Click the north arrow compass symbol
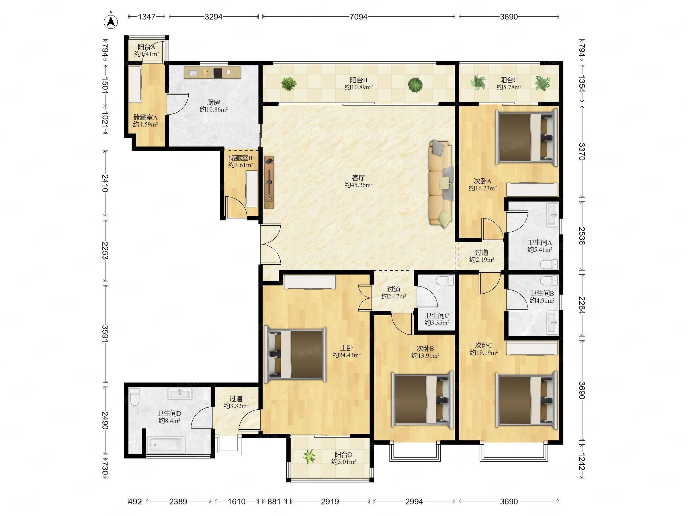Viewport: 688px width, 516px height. pos(111,21)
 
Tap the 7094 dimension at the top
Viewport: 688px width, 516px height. pos(358,17)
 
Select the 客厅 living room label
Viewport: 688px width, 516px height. pos(358,178)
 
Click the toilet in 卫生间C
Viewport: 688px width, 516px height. pos(445,281)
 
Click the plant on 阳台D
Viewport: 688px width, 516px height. pos(309,457)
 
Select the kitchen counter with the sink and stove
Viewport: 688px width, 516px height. pos(212,73)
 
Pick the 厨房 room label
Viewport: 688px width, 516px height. pos(213,102)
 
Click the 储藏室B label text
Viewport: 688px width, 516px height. pos(241,158)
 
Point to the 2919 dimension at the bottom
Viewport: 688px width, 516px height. pos(330,501)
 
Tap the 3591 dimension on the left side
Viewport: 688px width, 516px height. pos(105,333)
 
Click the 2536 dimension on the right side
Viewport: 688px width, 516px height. pos(582,236)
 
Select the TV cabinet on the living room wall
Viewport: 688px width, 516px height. pos(269,182)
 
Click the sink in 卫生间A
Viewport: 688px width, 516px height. pos(552,215)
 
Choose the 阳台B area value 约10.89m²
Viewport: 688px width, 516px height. pos(358,87)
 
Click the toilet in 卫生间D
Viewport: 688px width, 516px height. pos(134,397)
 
